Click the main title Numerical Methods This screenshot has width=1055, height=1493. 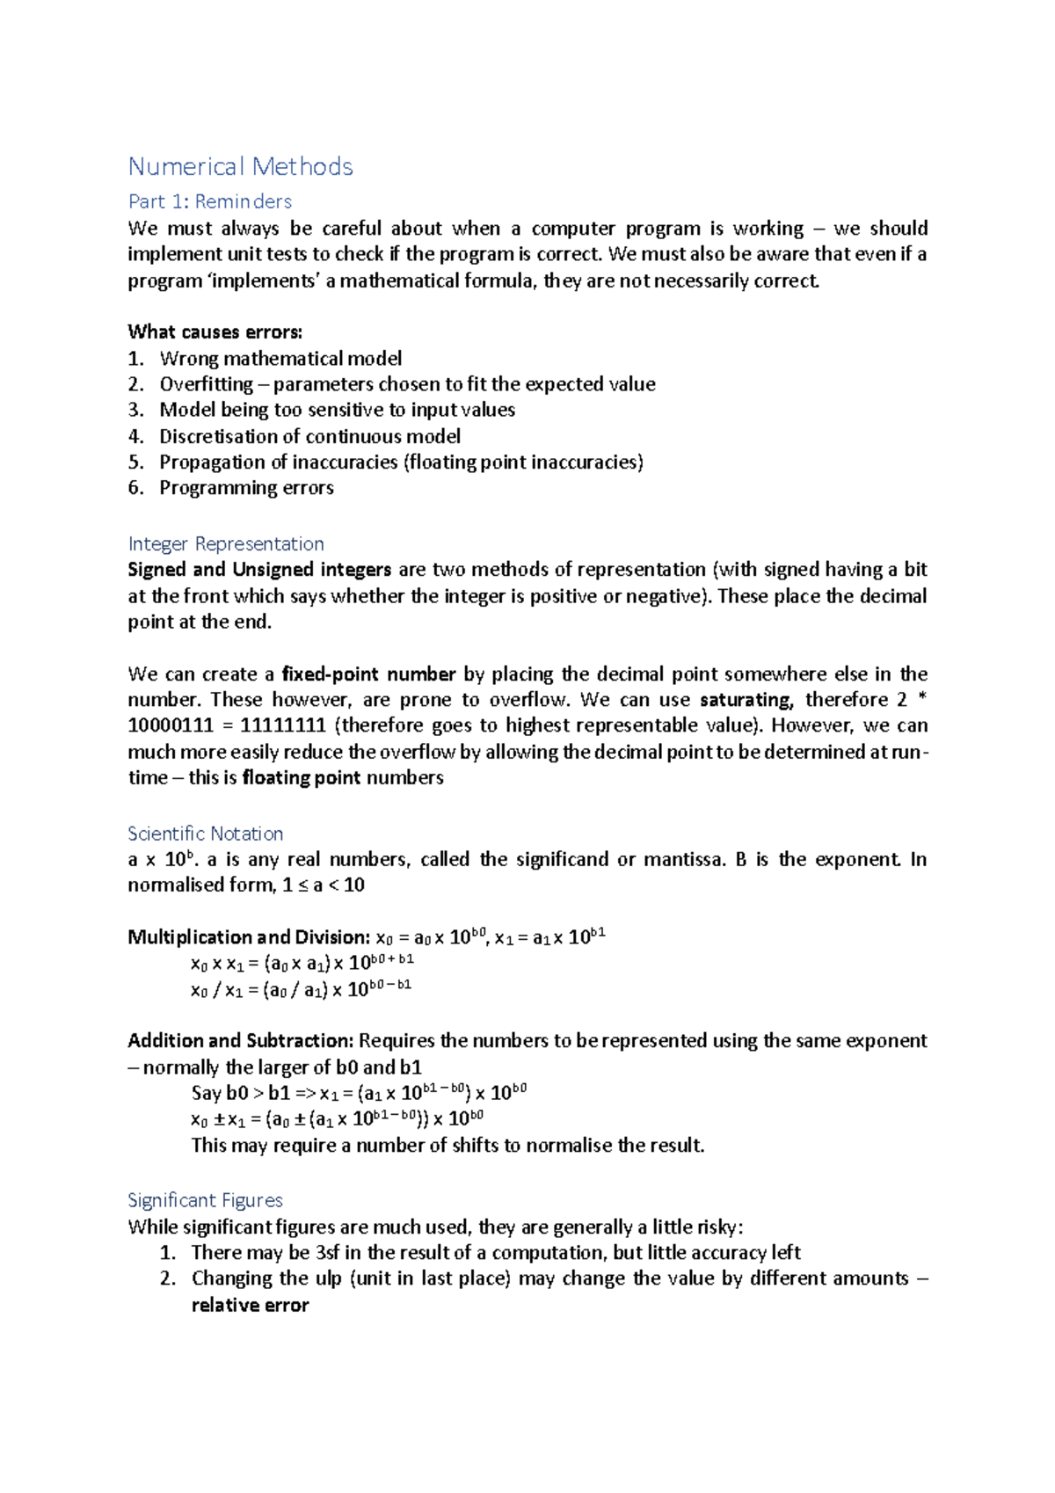click(240, 166)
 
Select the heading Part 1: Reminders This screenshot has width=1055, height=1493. click(209, 201)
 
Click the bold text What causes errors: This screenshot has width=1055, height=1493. click(215, 331)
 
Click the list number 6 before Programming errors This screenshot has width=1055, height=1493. click(135, 488)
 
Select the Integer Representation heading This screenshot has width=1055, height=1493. click(225, 543)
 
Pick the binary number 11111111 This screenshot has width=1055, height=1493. click(287, 725)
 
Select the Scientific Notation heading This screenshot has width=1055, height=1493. click(205, 834)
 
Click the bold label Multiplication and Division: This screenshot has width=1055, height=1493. click(249, 937)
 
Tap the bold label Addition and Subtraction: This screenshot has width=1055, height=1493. click(240, 1041)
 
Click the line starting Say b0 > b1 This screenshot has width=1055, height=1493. click(359, 1093)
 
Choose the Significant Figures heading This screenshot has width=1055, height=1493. click(205, 1200)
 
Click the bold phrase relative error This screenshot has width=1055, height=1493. click(250, 1305)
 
